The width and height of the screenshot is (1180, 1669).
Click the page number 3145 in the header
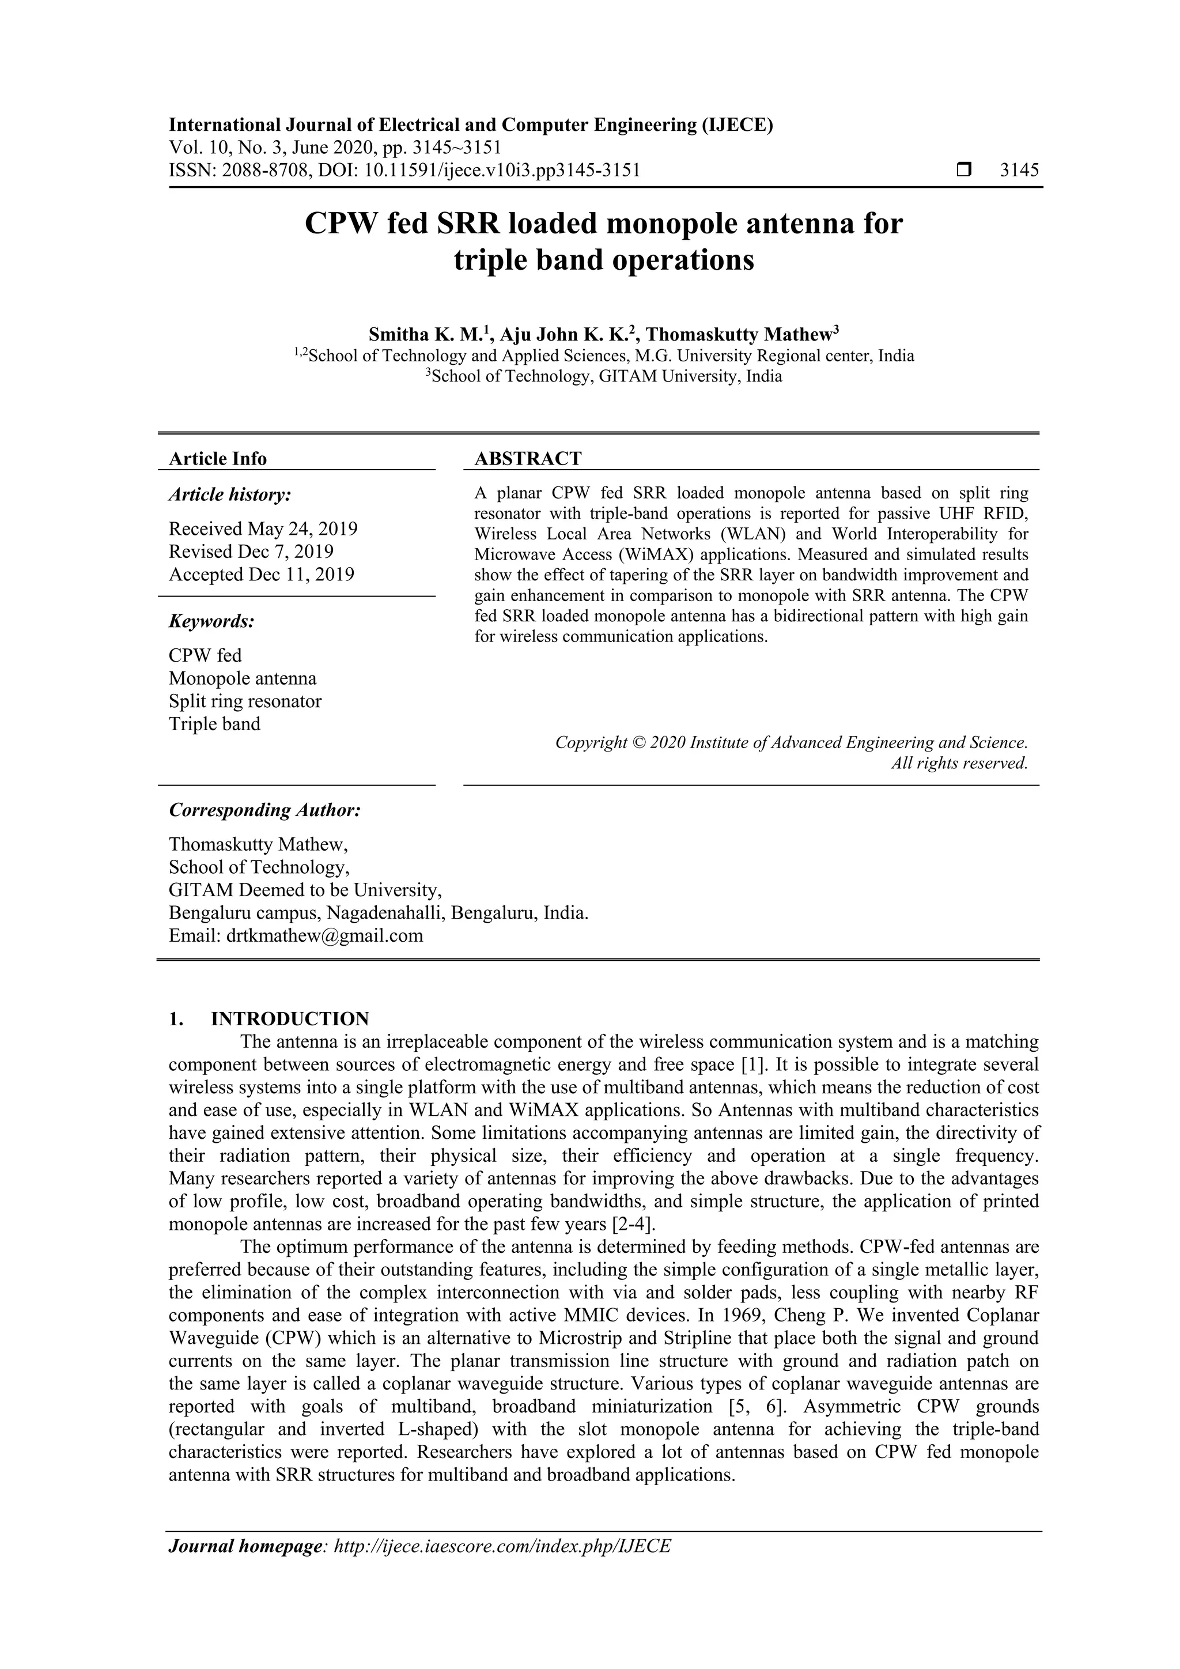(1019, 171)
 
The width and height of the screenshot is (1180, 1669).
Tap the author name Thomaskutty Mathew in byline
(740, 334)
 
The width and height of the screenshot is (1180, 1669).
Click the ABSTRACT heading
(528, 459)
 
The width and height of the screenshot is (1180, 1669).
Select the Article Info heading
(217, 459)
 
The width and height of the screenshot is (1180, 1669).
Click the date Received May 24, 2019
(263, 528)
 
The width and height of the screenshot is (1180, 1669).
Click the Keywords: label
(211, 621)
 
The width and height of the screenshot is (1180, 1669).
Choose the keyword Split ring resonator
(245, 701)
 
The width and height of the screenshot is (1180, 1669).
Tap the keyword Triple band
(214, 724)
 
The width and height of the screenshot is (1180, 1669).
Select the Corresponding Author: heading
(264, 810)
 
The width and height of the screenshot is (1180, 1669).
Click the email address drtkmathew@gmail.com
(324, 935)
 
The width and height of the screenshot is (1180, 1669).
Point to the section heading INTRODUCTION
(290, 1018)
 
